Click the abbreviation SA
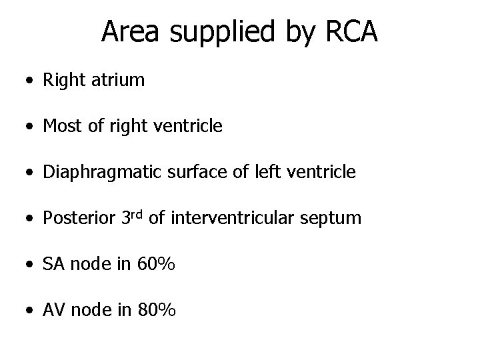click(53, 264)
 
